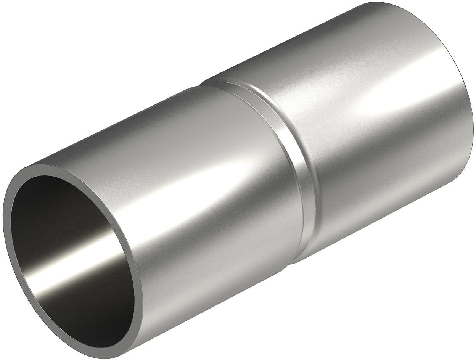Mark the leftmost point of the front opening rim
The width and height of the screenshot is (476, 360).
tap(5, 214)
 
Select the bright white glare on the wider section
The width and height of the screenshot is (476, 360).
tap(385, 99)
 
